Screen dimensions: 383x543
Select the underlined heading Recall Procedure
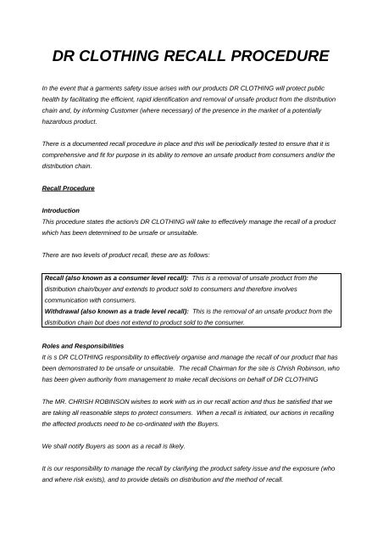pyautogui.click(x=69, y=186)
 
